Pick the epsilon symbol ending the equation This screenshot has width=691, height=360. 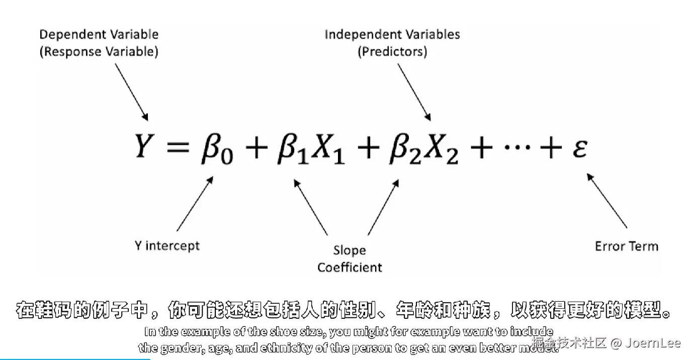pos(579,148)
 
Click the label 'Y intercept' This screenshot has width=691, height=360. pos(167,246)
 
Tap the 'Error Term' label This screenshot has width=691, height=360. pos(626,246)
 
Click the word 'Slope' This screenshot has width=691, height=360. pos(350,250)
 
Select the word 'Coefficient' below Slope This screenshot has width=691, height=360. pos(350,267)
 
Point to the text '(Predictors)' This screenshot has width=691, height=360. pos(392,51)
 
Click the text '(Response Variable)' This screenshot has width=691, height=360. pos(99,51)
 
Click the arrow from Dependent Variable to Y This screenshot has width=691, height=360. pos(131,92)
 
